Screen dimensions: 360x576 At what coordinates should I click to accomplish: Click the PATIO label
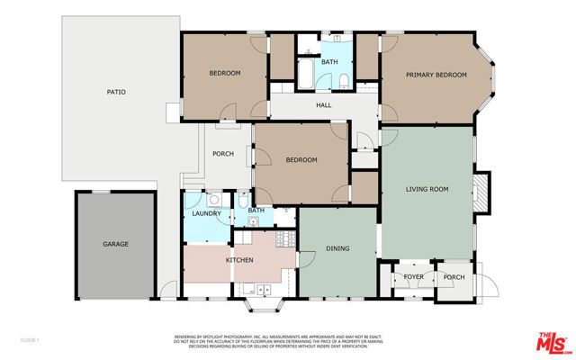click(115, 92)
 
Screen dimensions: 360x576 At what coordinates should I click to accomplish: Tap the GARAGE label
click(115, 244)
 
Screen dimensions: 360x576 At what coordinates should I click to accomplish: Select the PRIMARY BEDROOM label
click(436, 75)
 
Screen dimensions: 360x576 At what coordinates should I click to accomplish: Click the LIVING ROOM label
click(427, 189)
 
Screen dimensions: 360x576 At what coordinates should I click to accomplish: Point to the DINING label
click(337, 249)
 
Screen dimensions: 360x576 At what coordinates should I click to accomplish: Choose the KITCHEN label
click(239, 260)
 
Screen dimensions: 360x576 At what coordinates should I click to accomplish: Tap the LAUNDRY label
click(206, 213)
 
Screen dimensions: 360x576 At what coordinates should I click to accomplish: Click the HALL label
click(324, 106)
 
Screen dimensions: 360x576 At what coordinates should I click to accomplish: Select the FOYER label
click(413, 276)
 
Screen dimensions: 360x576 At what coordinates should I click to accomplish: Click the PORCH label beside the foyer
click(454, 276)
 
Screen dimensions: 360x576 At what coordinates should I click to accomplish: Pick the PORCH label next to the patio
click(223, 154)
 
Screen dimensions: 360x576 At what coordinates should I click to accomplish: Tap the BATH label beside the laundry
click(256, 211)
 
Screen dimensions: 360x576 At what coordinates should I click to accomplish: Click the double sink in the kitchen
click(260, 289)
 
